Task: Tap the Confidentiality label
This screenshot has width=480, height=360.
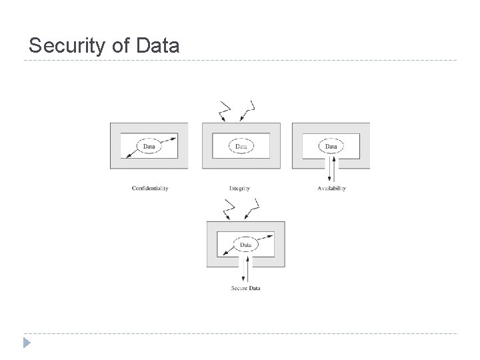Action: coord(150,189)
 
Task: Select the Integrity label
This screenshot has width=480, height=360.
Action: coord(239,189)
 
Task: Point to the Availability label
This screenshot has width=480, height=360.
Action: coord(331,189)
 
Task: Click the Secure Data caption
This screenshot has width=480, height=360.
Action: coord(245,288)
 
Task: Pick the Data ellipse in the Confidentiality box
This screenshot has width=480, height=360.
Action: coord(149,145)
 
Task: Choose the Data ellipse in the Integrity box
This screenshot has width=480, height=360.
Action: coord(241,145)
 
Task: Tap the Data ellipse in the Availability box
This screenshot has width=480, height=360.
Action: coord(331,145)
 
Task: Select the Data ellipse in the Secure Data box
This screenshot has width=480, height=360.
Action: coord(245,245)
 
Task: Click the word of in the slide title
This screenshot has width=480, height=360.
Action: coord(118,45)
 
